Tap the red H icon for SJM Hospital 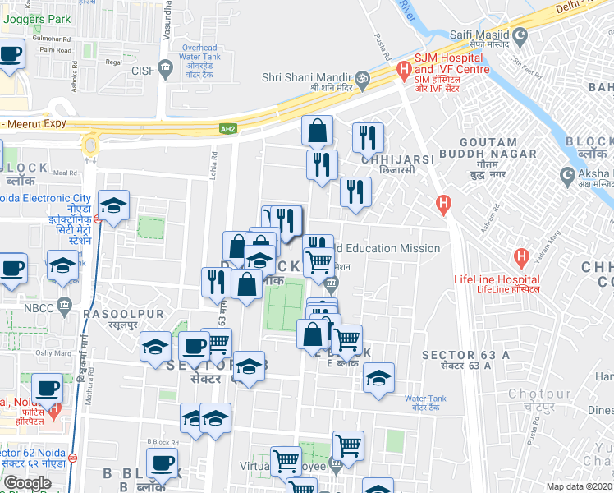(x=402, y=72)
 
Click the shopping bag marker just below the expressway (x=317, y=131)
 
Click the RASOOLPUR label (x=123, y=315)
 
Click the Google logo (x=27, y=483)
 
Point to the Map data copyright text (x=580, y=486)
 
